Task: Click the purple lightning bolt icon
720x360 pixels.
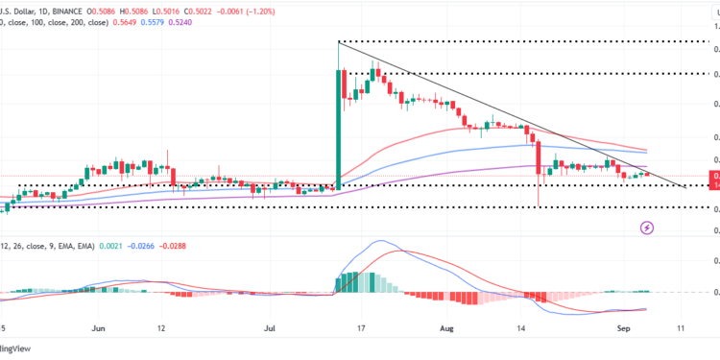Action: pos(648,228)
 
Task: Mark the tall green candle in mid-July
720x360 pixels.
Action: pos(339,125)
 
